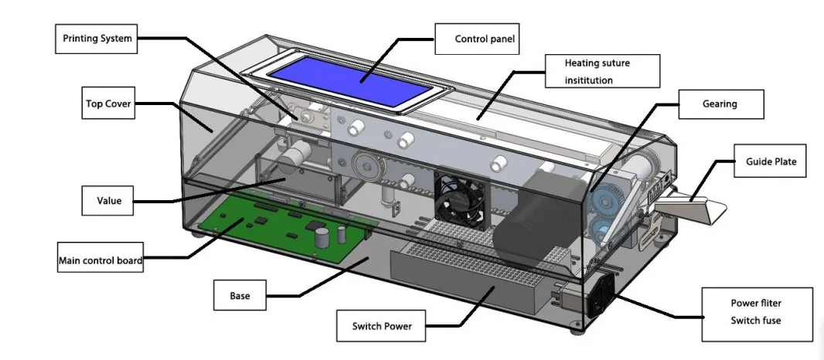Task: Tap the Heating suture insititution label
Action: [x=601, y=70]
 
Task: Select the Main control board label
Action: [x=100, y=260]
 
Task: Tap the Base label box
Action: [x=240, y=295]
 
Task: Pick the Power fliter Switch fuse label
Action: [x=757, y=314]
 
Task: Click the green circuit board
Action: [x=286, y=232]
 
